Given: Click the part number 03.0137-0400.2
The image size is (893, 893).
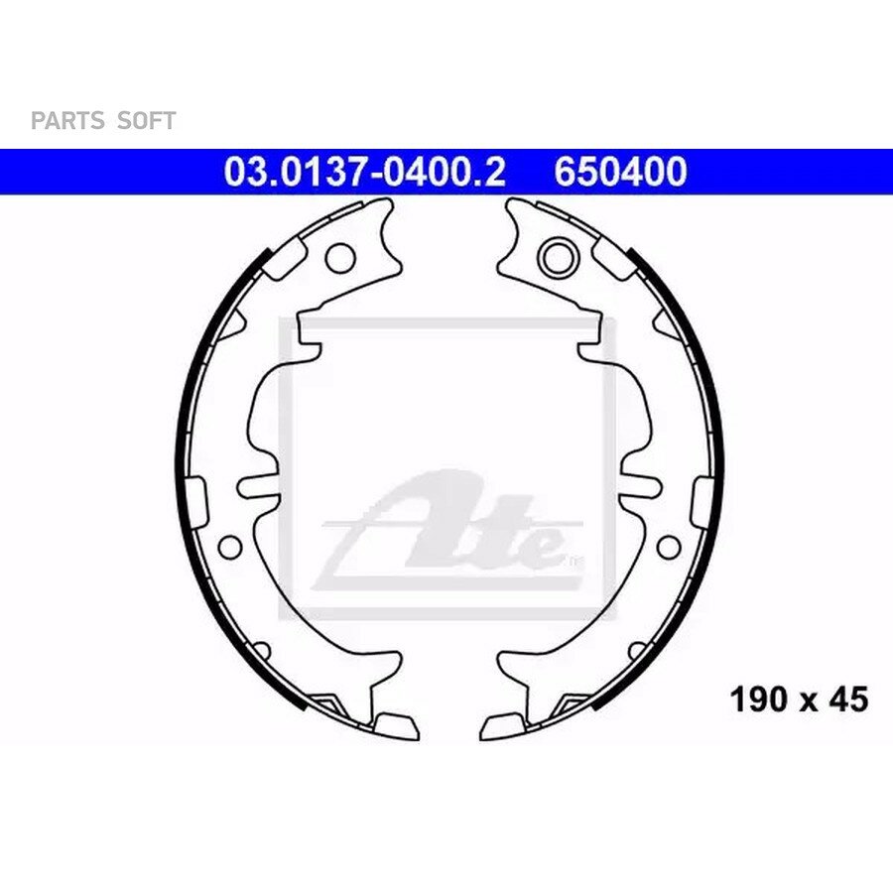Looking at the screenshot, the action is pyautogui.click(x=364, y=172).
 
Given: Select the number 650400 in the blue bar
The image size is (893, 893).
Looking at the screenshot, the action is pyautogui.click(x=620, y=172).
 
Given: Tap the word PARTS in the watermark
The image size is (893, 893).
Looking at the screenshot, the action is pyautogui.click(x=67, y=121).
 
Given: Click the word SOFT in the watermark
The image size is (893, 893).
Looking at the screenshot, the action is pyautogui.click(x=147, y=121).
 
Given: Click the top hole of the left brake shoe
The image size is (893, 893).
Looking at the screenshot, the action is pyautogui.click(x=340, y=257).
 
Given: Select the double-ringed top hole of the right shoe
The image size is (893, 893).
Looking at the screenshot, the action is pyautogui.click(x=558, y=257).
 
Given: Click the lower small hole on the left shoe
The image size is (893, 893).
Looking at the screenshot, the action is pyautogui.click(x=230, y=547).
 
